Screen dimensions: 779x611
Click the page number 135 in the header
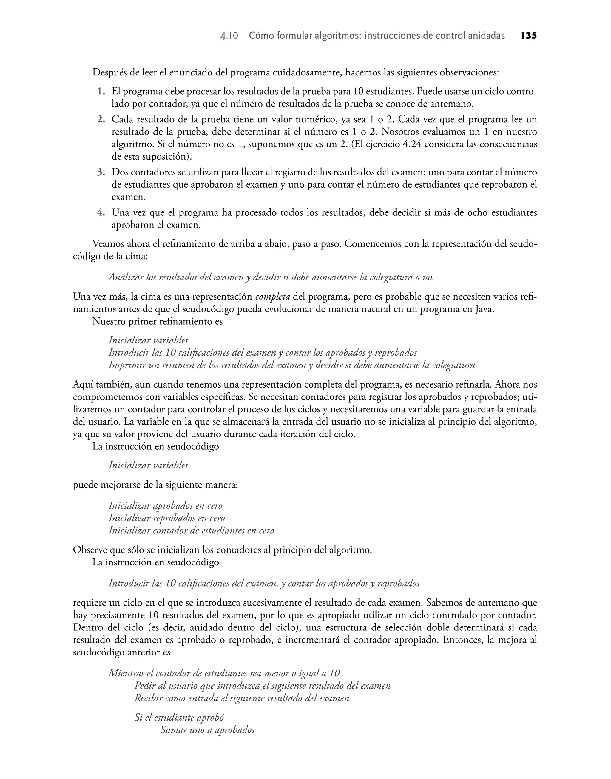(x=529, y=36)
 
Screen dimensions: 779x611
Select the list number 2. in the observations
(x=101, y=119)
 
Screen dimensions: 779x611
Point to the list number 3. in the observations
(x=101, y=172)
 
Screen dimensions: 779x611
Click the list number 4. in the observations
(x=101, y=213)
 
